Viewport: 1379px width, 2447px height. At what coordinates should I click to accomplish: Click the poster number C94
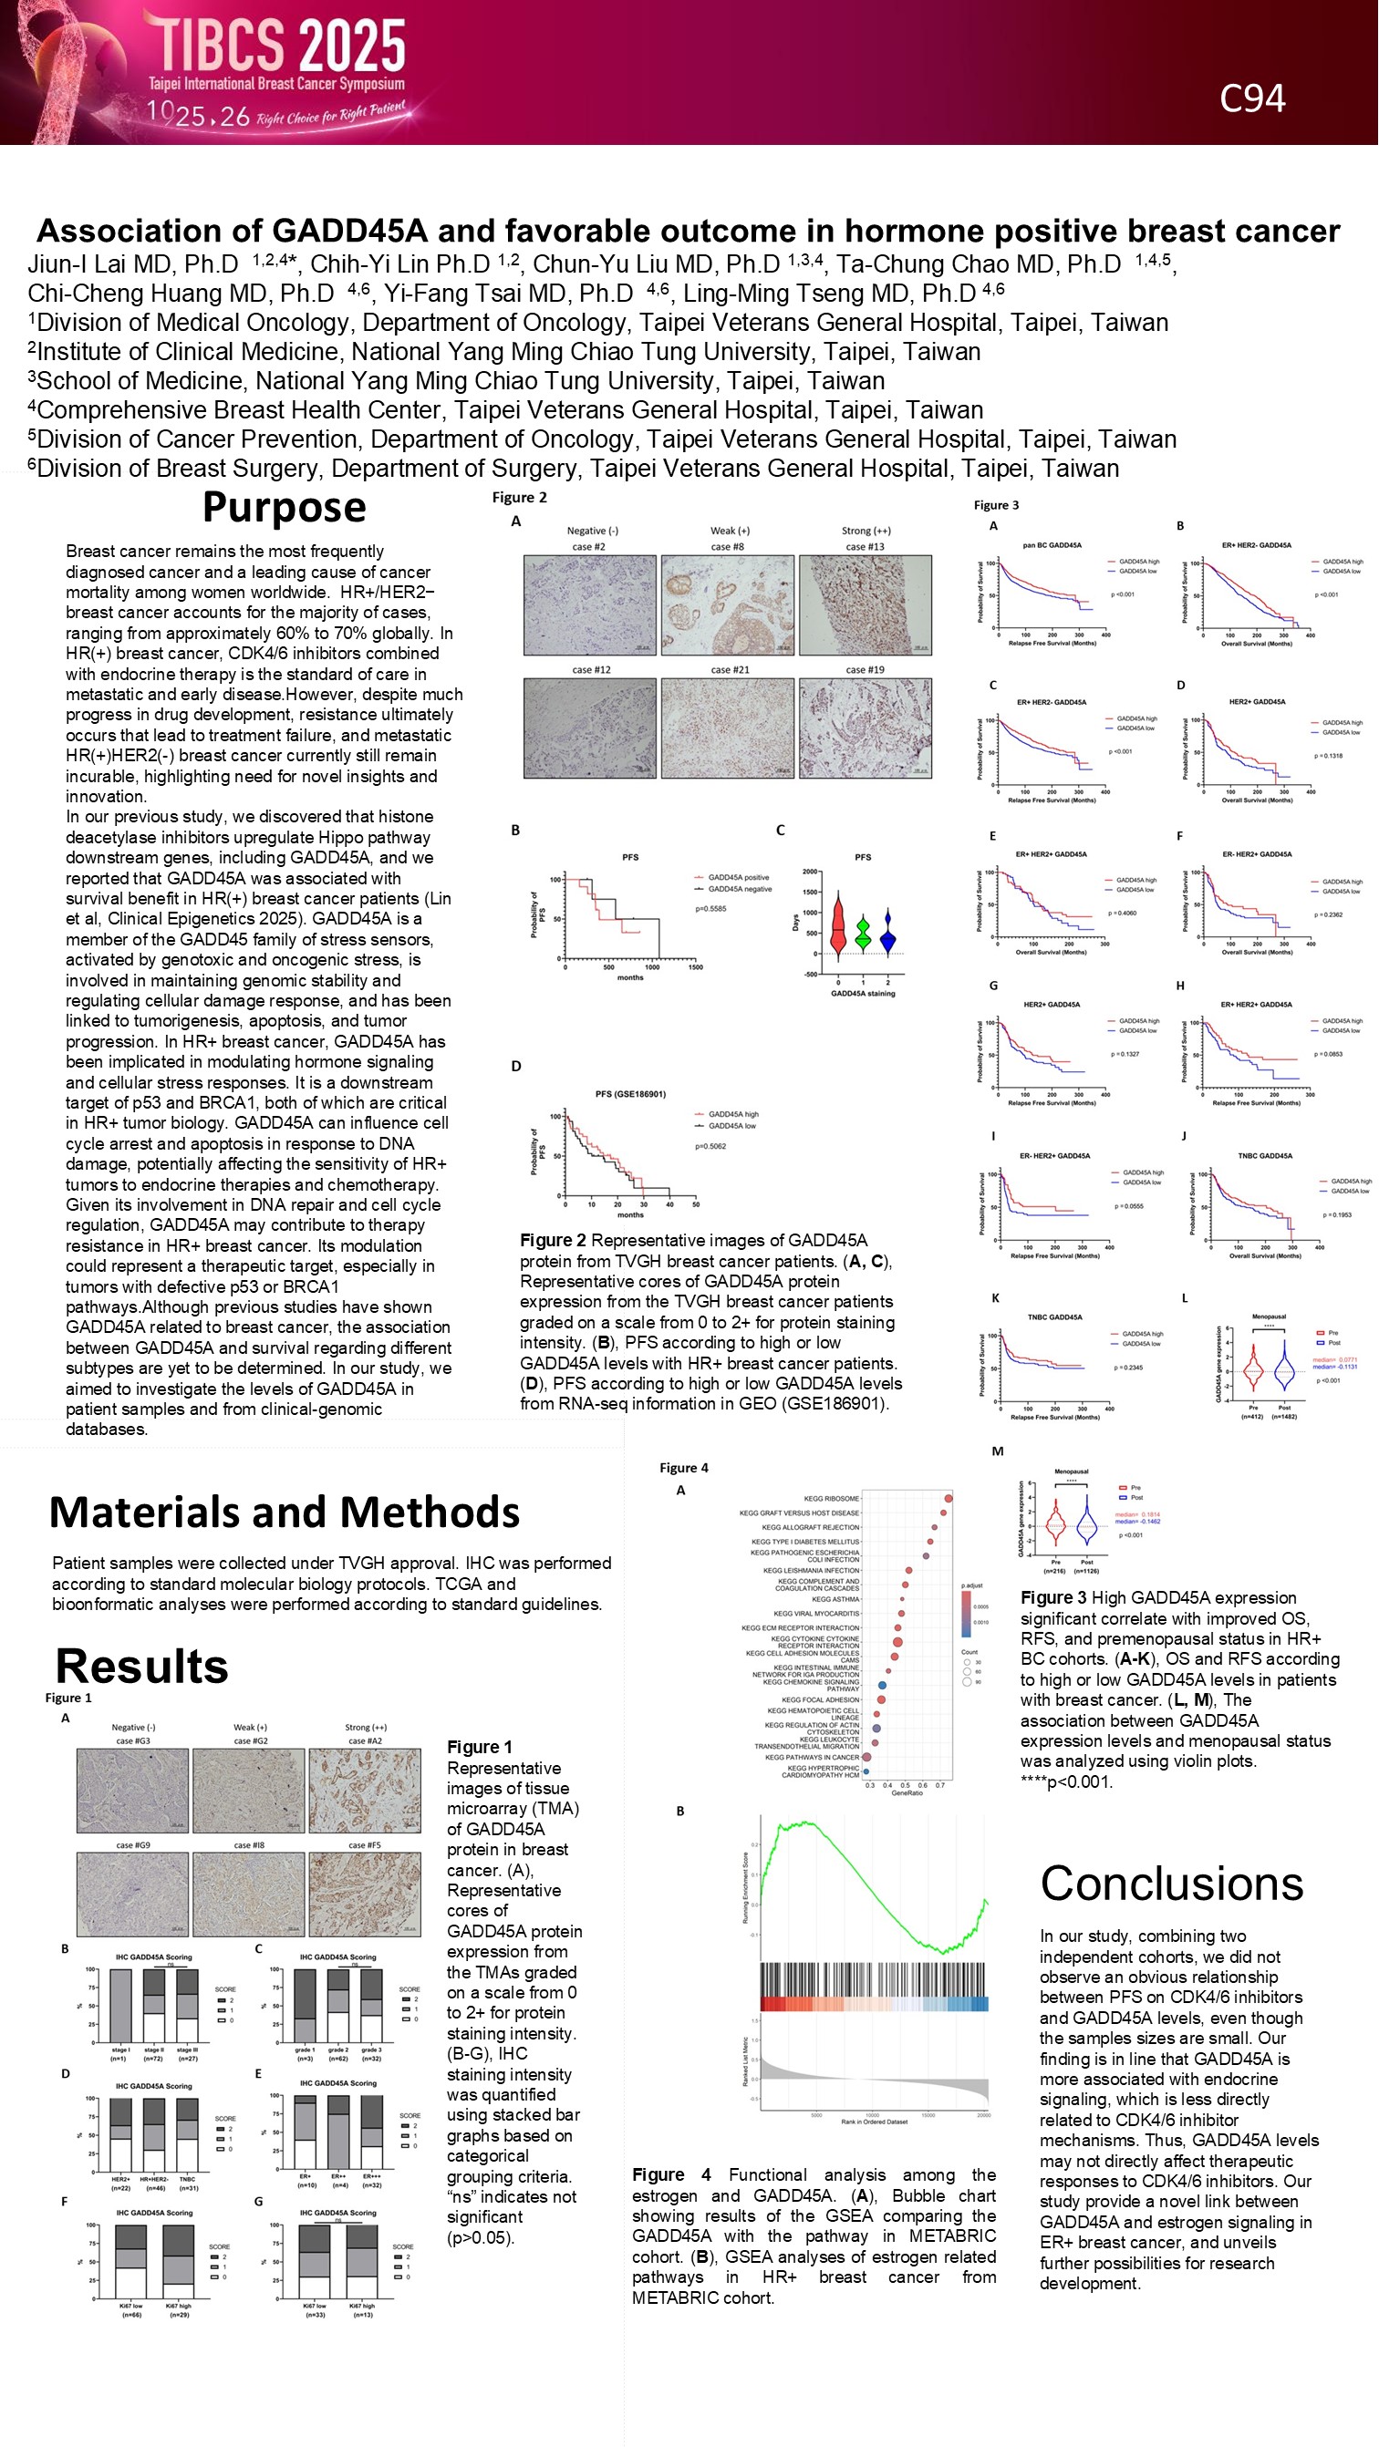pos(1251,98)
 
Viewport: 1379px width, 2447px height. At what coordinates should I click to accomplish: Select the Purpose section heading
pos(285,507)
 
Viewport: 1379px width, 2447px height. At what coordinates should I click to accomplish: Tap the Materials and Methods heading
pos(285,1513)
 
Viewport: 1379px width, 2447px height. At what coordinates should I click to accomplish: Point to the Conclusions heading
pos(1171,1883)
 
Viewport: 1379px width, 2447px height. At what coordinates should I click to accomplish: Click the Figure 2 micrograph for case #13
pos(865,605)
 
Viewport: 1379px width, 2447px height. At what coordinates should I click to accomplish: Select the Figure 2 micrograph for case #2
pos(589,605)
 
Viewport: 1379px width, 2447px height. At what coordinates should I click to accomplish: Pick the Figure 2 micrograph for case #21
pos(727,728)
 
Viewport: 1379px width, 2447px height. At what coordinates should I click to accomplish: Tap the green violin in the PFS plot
pos(863,933)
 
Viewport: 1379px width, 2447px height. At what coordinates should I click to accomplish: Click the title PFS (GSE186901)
pos(630,1094)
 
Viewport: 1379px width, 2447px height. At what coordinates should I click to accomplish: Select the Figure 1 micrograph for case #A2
pos(365,1790)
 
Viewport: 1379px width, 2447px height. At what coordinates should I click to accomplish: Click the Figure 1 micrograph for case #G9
pos(133,1894)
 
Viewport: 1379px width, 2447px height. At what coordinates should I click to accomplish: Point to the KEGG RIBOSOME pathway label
pos(831,1498)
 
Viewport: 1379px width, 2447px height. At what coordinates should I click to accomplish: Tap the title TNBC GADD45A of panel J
pos(1264,1156)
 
